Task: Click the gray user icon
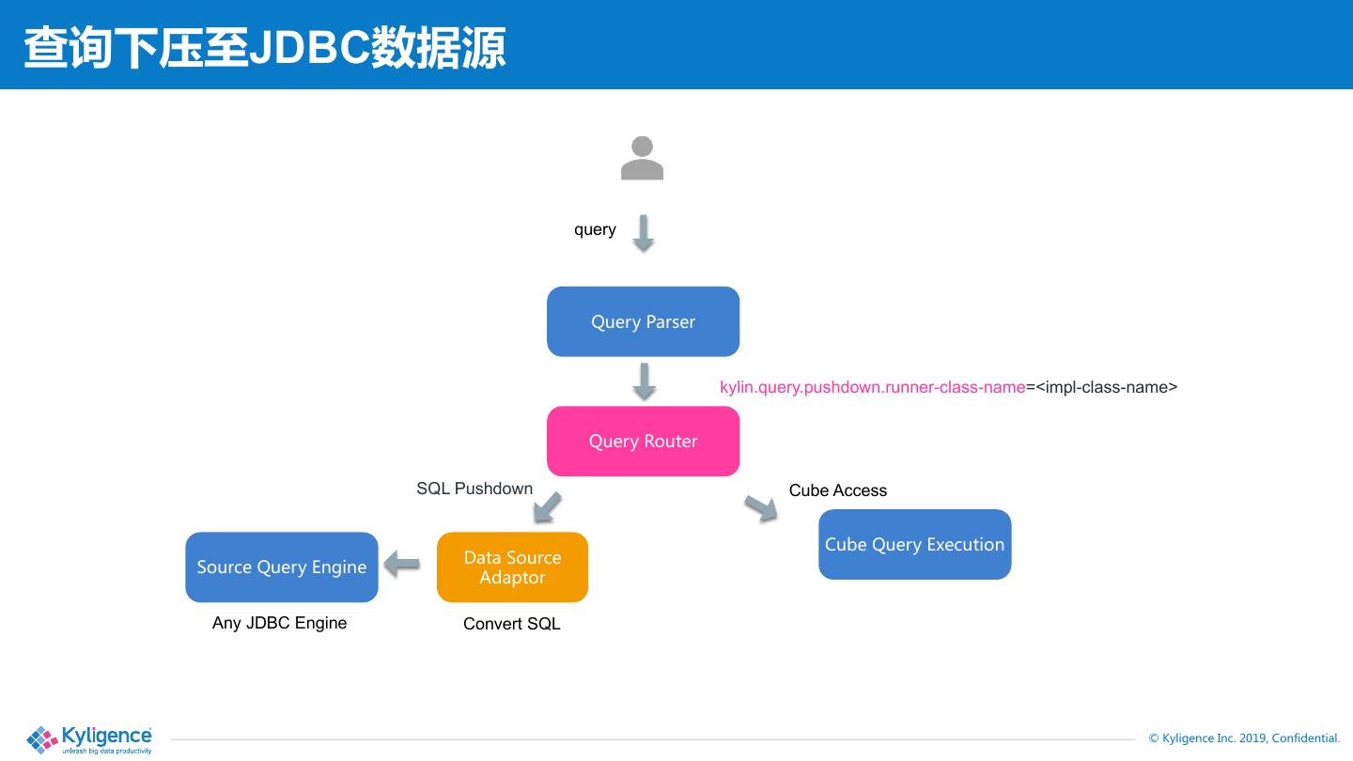pos(642,158)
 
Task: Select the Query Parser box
pos(644,321)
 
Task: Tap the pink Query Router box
pos(644,441)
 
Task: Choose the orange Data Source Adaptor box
pos(512,567)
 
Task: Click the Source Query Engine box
pos(282,567)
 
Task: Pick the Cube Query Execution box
pos(914,544)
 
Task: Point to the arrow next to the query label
pos(644,233)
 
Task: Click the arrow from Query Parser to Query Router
pos(645,381)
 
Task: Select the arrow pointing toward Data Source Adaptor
pos(547,507)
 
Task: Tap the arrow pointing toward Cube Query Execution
pos(761,508)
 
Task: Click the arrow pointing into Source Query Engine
pos(402,564)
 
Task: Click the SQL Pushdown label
pos(474,489)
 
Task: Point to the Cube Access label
pos(838,490)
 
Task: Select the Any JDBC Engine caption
pos(279,623)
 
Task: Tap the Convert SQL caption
pos(511,624)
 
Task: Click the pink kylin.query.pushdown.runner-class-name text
pos(872,387)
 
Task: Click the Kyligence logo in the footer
pos(88,740)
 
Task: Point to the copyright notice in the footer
pos(1244,738)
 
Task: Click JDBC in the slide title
pos(309,47)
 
